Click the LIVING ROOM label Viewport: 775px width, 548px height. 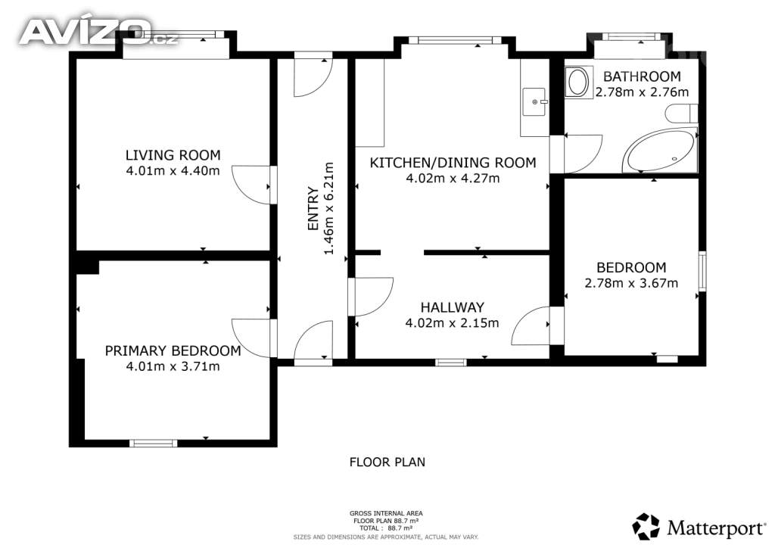click(173, 155)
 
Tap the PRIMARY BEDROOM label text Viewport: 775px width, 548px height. click(173, 351)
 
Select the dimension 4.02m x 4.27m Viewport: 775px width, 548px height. click(453, 179)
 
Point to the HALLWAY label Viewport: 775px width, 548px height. click(453, 307)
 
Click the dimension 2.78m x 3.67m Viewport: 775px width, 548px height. click(631, 283)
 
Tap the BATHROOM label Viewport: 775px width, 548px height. click(642, 76)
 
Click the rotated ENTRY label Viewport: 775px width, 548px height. click(313, 208)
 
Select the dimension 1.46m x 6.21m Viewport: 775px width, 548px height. click(328, 208)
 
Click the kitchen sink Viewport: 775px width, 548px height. click(534, 101)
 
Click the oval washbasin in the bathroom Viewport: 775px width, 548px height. click(577, 82)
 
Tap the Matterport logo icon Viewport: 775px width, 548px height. click(646, 527)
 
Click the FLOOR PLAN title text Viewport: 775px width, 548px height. click(387, 462)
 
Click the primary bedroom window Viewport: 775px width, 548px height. click(153, 444)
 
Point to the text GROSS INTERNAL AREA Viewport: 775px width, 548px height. click(386, 513)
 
